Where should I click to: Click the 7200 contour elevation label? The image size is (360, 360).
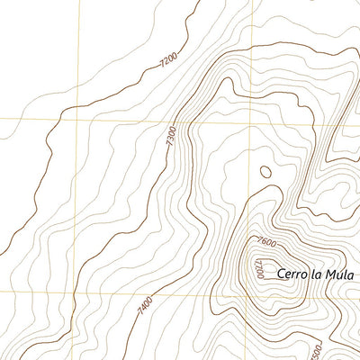167,60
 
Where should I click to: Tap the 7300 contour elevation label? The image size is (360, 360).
171,138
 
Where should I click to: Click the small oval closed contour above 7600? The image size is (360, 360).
265,171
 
